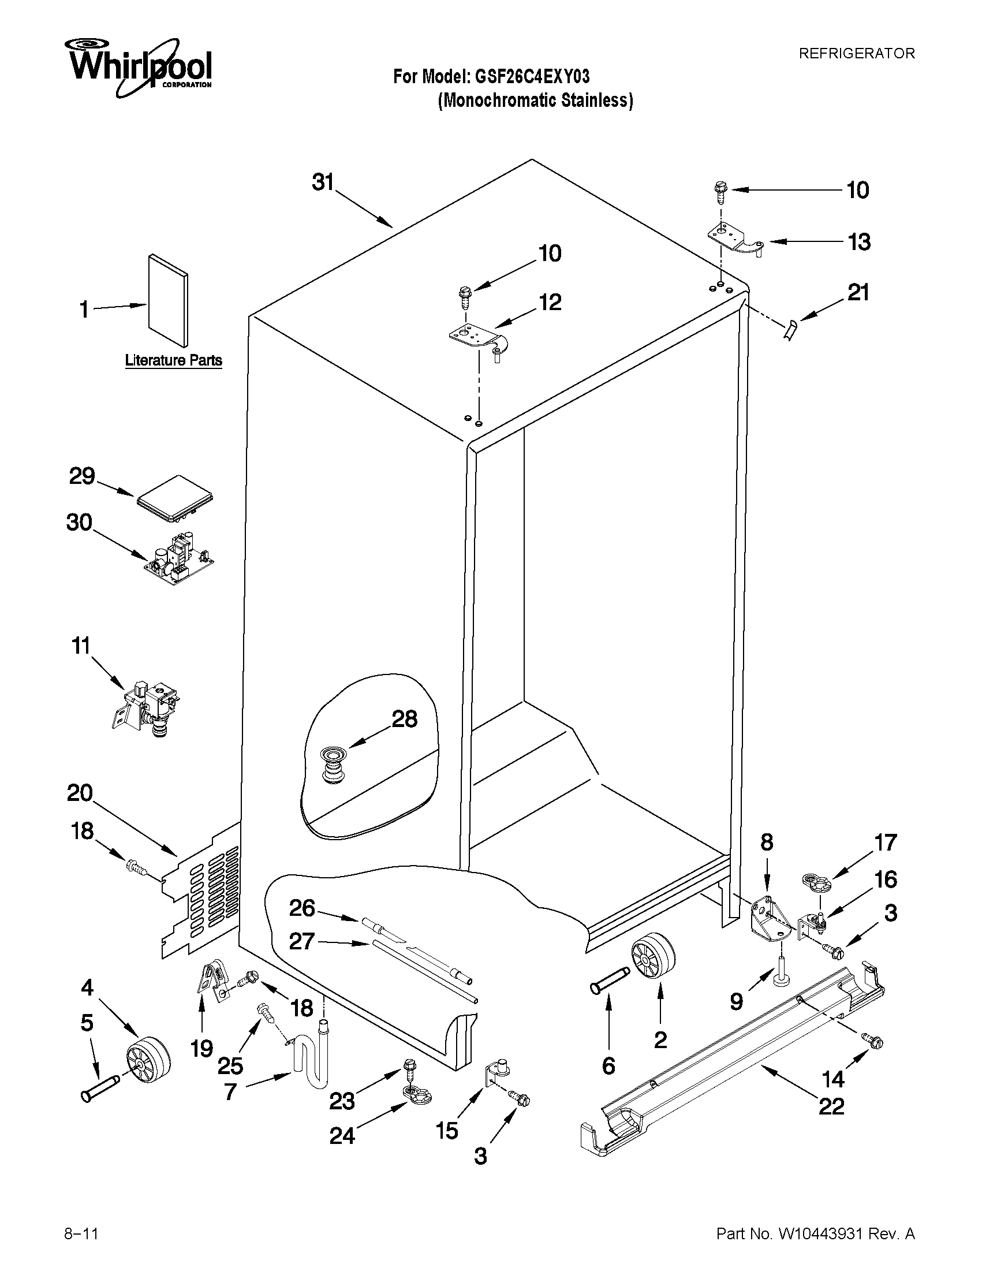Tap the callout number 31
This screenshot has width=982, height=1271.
pos(323,182)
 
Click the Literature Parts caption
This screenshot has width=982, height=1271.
pos(173,360)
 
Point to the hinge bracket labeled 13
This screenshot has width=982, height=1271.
pos(735,240)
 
